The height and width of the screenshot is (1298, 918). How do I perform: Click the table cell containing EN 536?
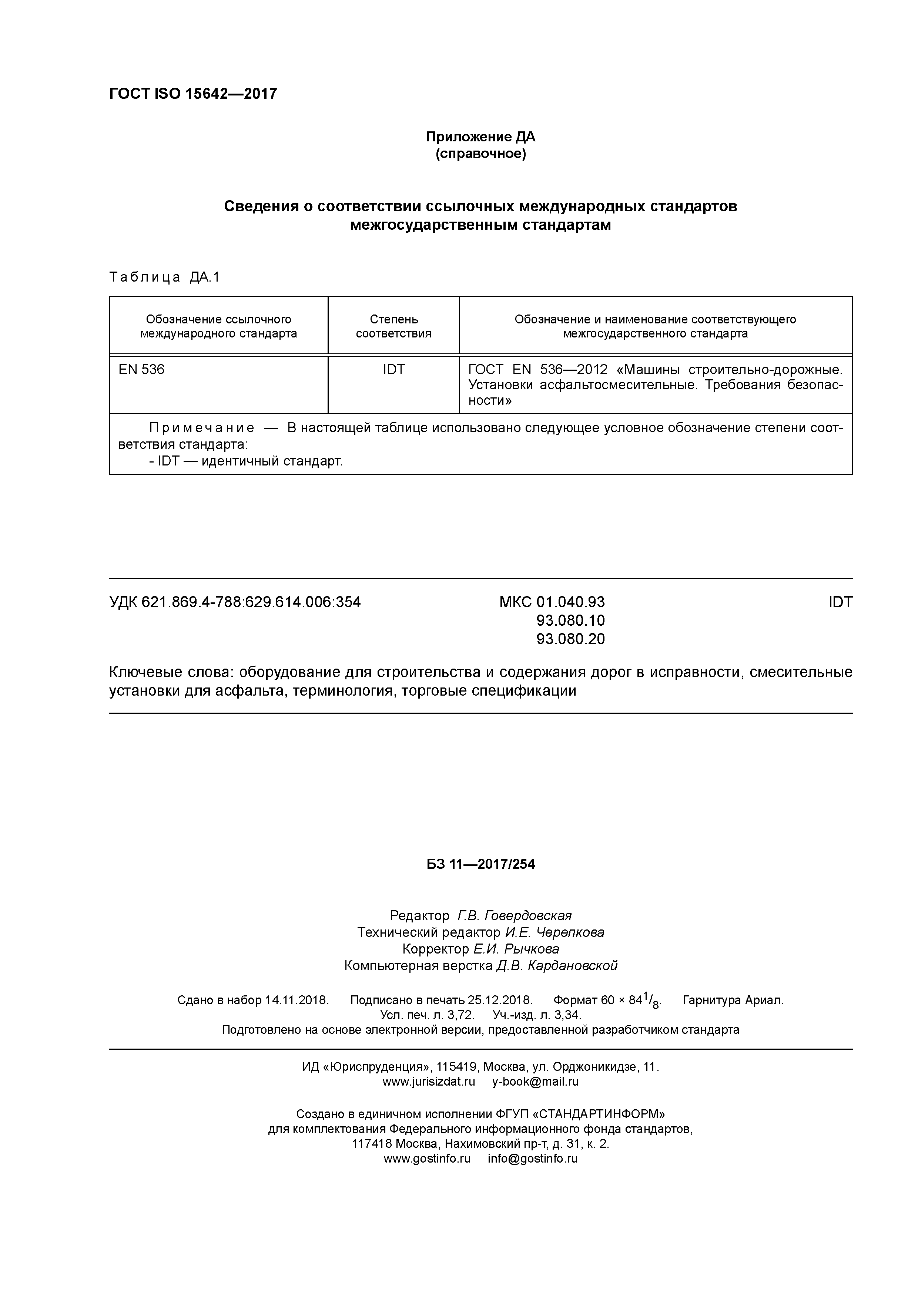click(141, 370)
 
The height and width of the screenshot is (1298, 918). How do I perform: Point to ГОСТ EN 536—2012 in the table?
click(537, 370)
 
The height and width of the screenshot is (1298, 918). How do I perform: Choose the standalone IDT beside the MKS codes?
click(840, 602)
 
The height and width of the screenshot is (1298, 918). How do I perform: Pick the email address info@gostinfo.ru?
click(532, 1159)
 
